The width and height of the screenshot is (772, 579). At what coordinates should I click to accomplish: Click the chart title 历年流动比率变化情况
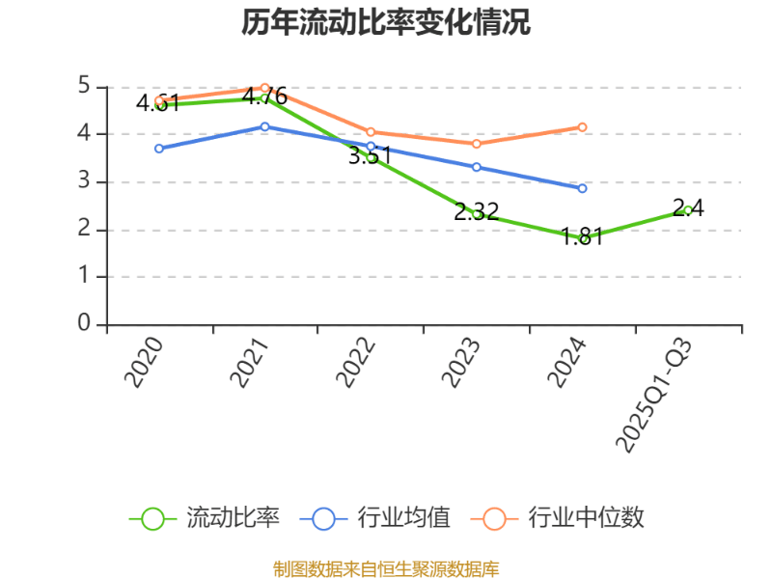(386, 23)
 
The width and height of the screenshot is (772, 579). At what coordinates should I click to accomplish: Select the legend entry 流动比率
(233, 518)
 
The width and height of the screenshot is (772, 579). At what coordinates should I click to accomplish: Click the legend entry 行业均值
(403, 518)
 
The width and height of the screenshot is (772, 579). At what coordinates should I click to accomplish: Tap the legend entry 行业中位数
(586, 518)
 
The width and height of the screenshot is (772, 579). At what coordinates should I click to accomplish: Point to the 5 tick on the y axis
(84, 87)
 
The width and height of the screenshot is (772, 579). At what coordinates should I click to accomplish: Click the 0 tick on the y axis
(84, 323)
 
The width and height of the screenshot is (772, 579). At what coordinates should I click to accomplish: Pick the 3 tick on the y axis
(84, 181)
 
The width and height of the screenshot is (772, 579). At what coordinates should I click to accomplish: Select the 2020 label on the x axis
(145, 362)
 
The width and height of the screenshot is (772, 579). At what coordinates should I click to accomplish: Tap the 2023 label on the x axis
(462, 362)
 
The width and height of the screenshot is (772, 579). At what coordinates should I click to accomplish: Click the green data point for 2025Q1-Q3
(688, 209)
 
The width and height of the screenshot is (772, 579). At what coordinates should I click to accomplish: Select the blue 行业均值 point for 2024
(582, 188)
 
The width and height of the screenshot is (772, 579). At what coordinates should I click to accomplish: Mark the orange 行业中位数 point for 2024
(582, 126)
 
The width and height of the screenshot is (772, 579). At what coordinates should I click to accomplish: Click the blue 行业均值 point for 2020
(159, 149)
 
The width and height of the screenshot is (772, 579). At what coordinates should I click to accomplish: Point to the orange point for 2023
(477, 144)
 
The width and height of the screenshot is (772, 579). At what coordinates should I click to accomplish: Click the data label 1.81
(582, 237)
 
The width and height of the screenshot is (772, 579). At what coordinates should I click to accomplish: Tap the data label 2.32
(477, 212)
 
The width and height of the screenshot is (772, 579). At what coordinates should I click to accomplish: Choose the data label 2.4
(688, 207)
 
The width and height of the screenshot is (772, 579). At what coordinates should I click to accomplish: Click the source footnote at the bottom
(386, 569)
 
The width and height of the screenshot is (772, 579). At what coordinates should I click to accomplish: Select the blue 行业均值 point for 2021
(265, 126)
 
